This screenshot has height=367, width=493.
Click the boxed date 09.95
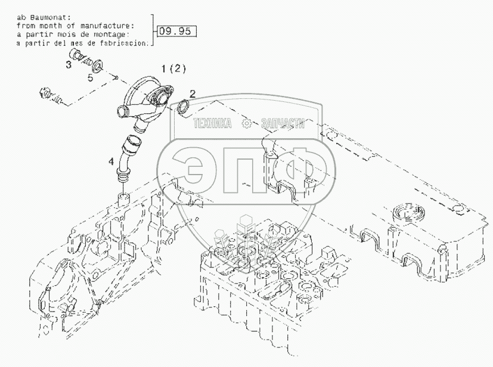pos(177,31)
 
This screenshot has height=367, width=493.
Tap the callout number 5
pos(91,77)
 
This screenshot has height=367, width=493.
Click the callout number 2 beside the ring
pos(193,94)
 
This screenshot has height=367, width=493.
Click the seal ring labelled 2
pos(184,107)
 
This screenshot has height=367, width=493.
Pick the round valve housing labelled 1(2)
pos(149,99)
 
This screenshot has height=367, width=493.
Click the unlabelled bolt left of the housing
pos(51,95)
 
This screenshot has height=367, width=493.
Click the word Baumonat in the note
pos(42,17)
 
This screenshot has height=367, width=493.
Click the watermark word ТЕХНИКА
pos(212,123)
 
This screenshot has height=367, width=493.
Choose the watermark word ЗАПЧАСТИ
pos(283,123)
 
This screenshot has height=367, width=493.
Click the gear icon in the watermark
pos(246,123)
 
